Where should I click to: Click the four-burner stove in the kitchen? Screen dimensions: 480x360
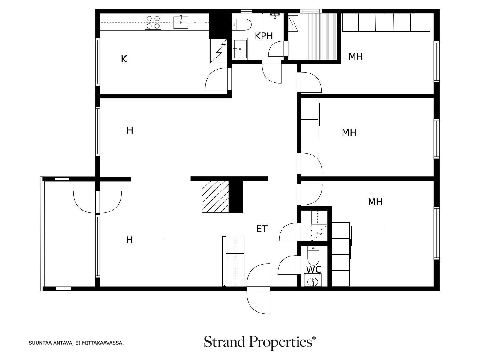pos(153,22)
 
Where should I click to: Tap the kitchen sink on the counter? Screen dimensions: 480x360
pos(181,22)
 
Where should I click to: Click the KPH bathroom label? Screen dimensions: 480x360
pos(264,36)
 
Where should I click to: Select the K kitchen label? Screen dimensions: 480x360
pos(124,59)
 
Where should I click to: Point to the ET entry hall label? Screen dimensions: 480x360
pos(262,229)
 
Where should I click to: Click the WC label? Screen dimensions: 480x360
pos(314,270)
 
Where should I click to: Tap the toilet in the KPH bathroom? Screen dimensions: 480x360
pos(241,25)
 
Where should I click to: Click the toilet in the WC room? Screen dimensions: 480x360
pos(313,255)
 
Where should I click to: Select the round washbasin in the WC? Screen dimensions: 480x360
pos(313,282)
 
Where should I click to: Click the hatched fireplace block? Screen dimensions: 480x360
pos(215,196)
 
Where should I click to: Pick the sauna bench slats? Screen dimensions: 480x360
pos(321,36)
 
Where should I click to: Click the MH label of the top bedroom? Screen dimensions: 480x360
pos(355,57)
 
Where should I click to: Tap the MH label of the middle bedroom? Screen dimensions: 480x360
pos(349,133)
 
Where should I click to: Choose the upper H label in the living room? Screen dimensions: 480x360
pos(130,130)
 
